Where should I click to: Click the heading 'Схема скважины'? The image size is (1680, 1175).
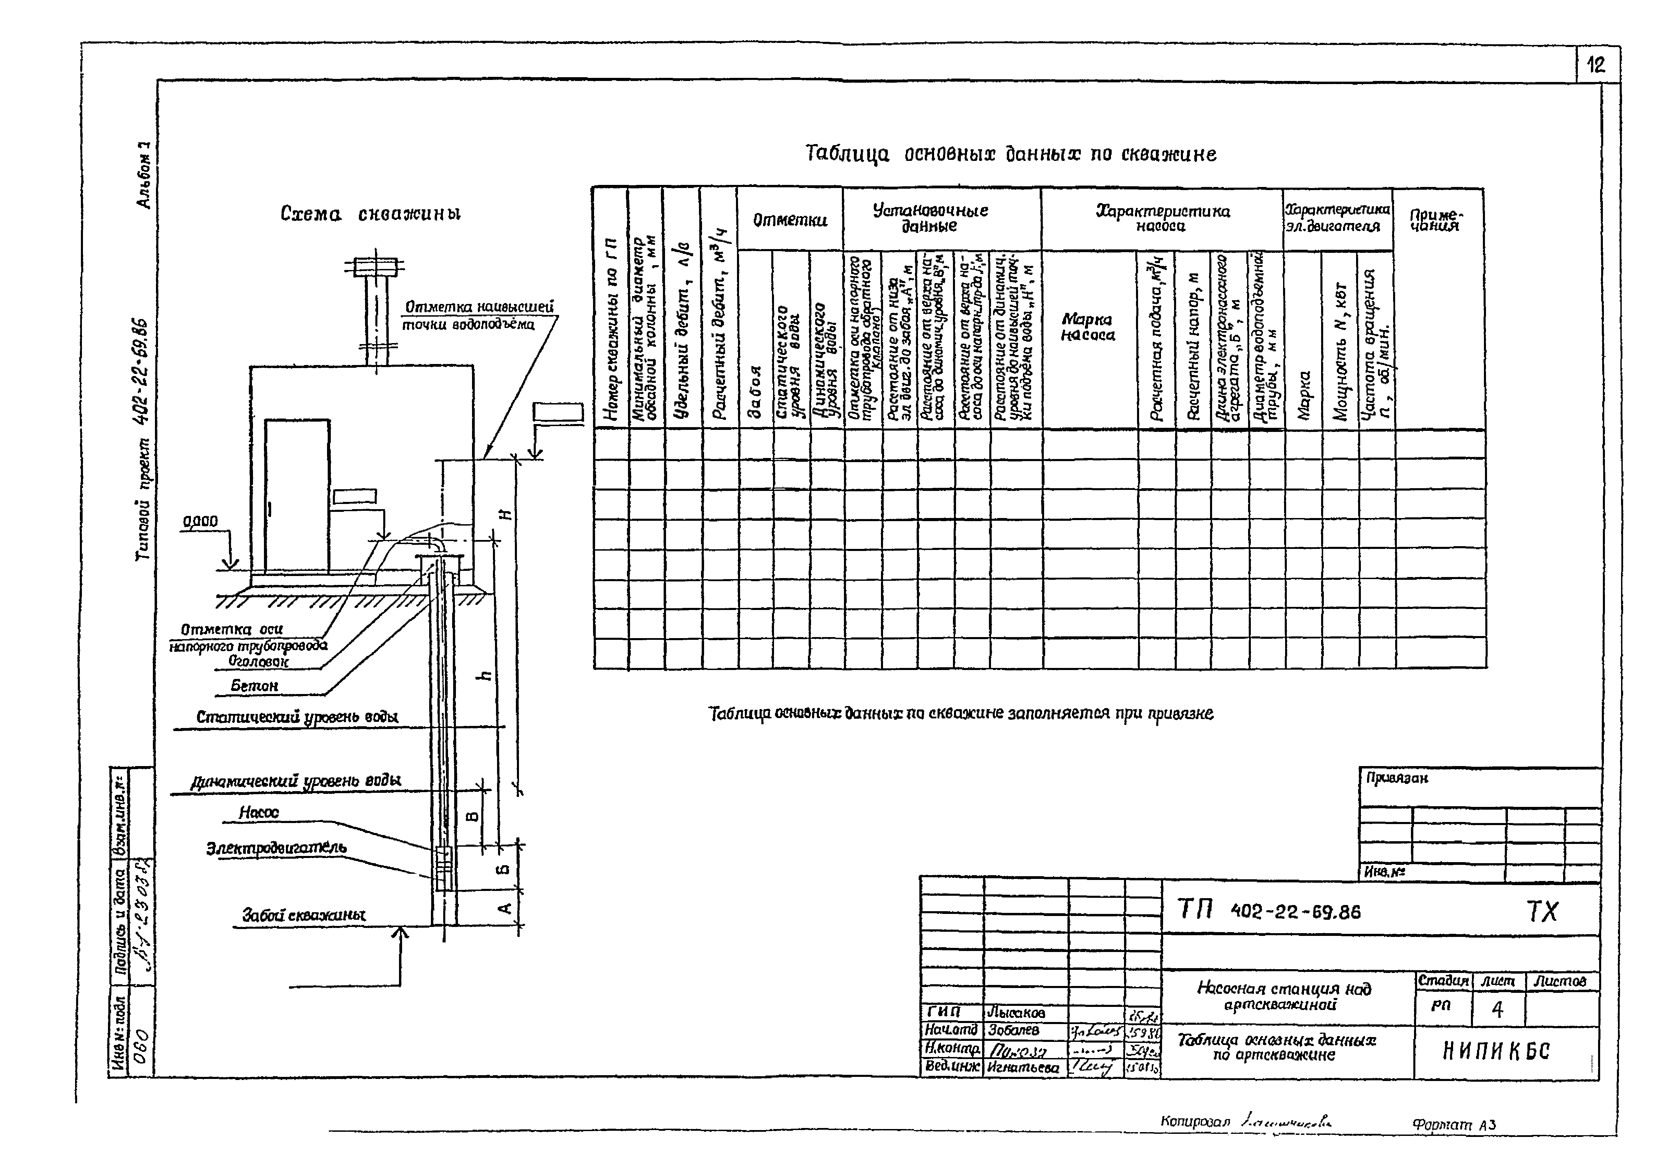[x=371, y=214]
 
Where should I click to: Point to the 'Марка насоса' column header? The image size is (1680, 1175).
[x=1088, y=327]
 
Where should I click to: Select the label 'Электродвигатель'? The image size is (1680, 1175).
[x=277, y=848]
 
